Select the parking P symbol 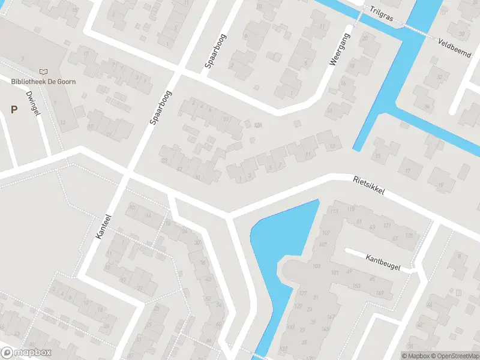[14, 109]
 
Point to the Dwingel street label [32, 104]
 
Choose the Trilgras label [381, 13]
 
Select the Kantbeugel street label [382, 261]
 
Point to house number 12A [259, 125]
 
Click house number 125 [410, 235]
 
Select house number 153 [356, 286]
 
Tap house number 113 [334, 211]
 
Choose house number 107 [322, 244]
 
